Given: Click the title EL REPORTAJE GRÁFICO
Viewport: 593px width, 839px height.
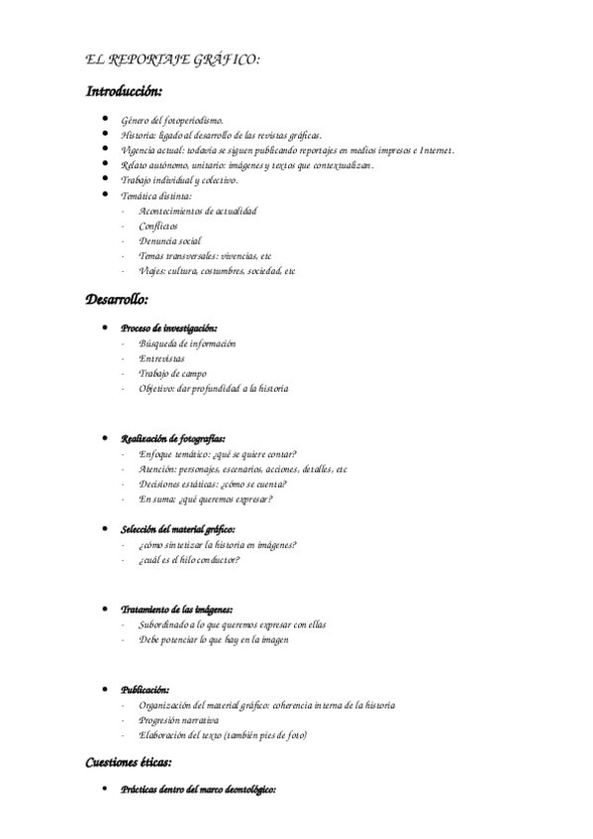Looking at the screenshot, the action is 174,60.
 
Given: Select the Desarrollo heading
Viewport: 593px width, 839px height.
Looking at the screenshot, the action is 117,298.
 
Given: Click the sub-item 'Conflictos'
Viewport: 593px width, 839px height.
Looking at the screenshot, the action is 159,226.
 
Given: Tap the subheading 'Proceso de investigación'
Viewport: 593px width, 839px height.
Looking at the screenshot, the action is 169,327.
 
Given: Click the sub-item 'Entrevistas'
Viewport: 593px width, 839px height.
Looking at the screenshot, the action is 162,358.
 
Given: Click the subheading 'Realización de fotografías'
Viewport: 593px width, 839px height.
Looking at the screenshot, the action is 173,437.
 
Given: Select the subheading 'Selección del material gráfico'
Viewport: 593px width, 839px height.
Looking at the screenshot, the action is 178,529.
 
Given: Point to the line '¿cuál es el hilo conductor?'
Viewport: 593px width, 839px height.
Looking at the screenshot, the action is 190,560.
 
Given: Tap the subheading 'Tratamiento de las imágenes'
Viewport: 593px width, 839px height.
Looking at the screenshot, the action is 177,608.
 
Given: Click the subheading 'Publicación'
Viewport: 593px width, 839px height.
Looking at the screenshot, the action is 146,690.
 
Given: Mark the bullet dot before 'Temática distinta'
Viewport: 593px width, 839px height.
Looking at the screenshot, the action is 105,195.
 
